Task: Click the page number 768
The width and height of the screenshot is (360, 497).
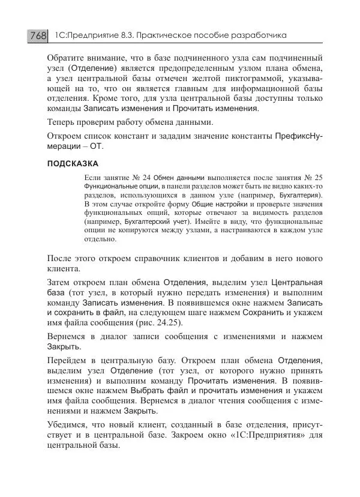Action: tap(38, 36)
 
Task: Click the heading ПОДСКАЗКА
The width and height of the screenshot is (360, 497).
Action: tap(72, 163)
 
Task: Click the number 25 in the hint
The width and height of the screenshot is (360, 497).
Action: tap(318, 178)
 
